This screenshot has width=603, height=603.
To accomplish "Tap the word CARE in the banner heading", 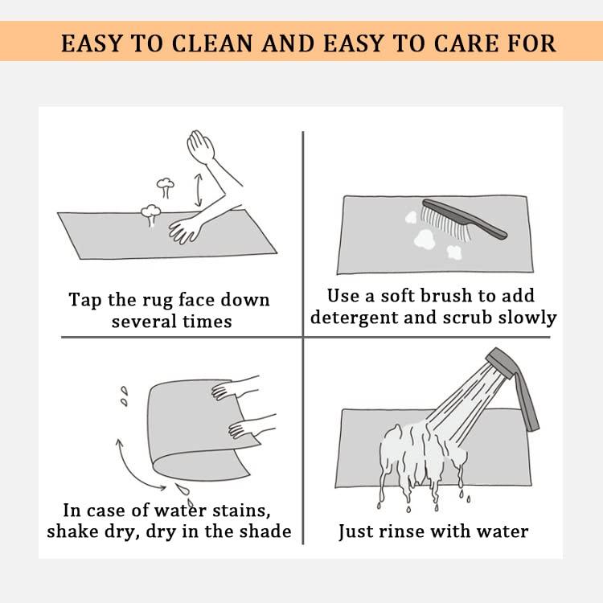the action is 466,43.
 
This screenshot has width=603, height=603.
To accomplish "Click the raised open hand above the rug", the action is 200,146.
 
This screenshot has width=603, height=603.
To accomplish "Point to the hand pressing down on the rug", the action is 186,231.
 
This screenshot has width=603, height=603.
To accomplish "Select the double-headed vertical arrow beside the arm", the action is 198,190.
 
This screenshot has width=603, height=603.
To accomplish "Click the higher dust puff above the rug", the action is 166,187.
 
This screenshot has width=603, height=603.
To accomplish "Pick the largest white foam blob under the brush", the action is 425,239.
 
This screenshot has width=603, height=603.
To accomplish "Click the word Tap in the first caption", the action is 85,301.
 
